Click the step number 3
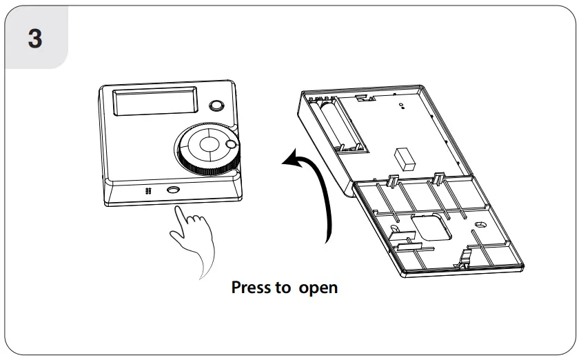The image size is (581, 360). pyautogui.click(x=34, y=38)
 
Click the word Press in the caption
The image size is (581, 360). pyautogui.click(x=252, y=287)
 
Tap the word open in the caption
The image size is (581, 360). pyautogui.click(x=318, y=288)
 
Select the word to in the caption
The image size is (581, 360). pyautogui.click(x=283, y=287)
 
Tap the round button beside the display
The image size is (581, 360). pyautogui.click(x=216, y=106)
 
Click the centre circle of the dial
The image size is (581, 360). pyautogui.click(x=209, y=147)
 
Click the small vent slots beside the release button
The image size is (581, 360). pyautogui.click(x=147, y=191)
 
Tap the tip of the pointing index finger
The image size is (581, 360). pyautogui.click(x=179, y=210)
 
